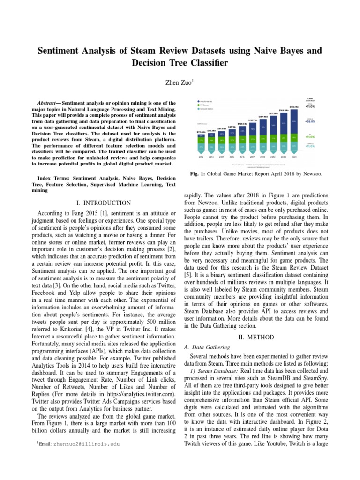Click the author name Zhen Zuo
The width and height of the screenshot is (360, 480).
coord(178,82)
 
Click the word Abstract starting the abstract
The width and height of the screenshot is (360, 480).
coord(48,103)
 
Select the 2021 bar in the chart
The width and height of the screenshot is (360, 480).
coord(294,136)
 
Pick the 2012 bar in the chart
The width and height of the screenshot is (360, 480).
coord(201,143)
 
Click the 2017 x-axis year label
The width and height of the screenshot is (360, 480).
coord(253,157)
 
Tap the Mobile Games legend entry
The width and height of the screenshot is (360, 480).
coord(207,100)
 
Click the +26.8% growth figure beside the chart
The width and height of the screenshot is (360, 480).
coord(310,121)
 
